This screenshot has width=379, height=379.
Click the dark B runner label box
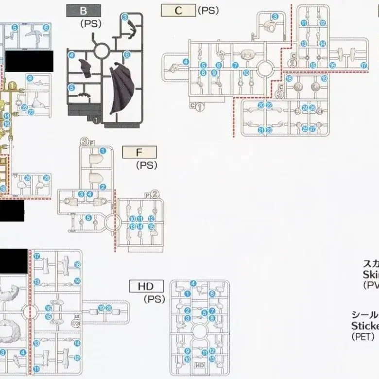[84, 10]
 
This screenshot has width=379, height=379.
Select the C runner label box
[178, 10]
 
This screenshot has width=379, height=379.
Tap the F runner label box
[139, 152]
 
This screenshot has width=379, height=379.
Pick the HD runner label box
[146, 286]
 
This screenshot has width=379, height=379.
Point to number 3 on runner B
[125, 17]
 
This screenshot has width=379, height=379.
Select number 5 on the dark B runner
[71, 88]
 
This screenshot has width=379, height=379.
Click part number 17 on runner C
[363, 65]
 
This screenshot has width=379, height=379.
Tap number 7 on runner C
[235, 65]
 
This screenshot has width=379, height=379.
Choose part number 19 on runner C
[324, 78]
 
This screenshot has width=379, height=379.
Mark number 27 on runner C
[312, 129]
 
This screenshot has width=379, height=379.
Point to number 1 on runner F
[103, 187]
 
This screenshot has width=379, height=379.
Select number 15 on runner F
[151, 226]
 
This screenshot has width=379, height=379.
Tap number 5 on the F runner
[88, 218]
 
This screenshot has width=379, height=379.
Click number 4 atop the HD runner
[193, 283]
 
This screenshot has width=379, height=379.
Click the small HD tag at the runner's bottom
[200, 364]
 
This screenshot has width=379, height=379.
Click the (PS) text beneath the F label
[146, 165]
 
